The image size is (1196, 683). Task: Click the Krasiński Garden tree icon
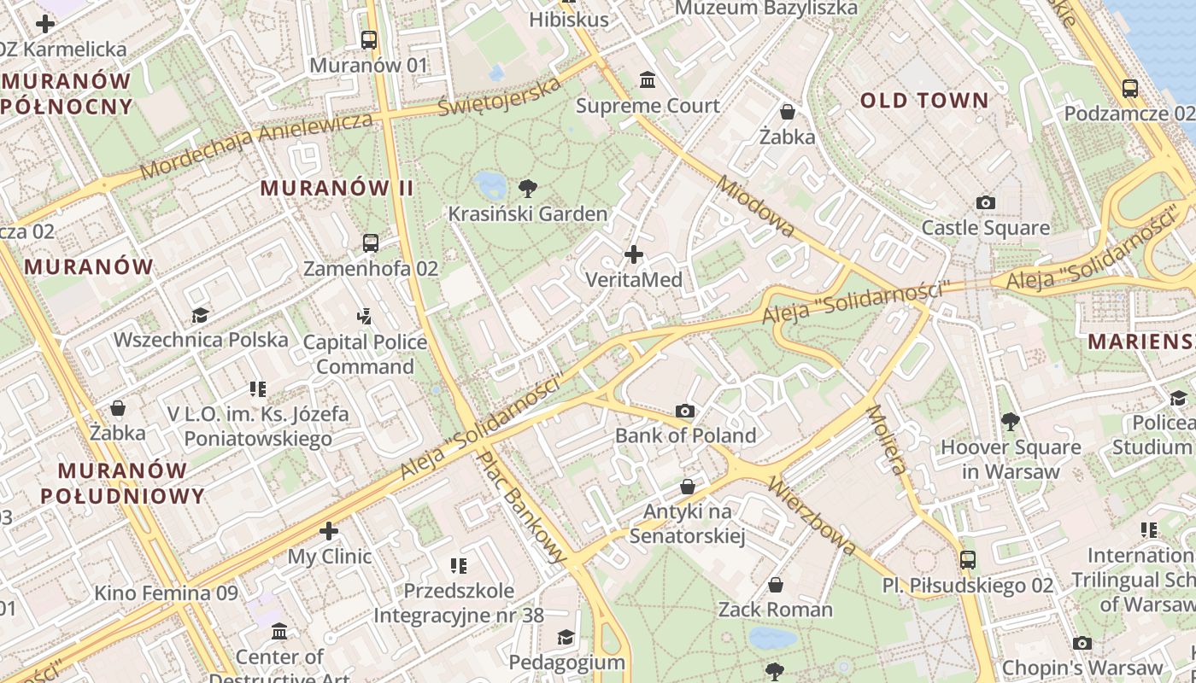tap(528, 189)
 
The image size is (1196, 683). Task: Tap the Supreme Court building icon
tap(648, 80)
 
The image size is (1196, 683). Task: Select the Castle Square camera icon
tap(986, 202)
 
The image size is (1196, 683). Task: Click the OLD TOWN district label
tap(923, 101)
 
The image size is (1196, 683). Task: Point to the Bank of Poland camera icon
tap(685, 411)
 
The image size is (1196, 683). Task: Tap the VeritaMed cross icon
tap(634, 254)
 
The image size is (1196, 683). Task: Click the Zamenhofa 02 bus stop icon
tap(371, 243)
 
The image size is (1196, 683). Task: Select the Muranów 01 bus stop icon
tap(369, 40)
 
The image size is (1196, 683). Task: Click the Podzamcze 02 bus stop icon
tap(1129, 88)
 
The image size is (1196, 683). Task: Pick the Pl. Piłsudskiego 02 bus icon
tap(967, 560)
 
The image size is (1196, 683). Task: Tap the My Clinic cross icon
tap(329, 531)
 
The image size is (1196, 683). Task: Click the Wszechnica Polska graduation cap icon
tap(201, 315)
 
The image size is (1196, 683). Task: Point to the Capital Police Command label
tap(365, 354)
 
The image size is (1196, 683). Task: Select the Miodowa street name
tap(756, 207)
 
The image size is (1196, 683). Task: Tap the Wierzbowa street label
tap(812, 515)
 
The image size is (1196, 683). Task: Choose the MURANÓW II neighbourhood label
tap(337, 188)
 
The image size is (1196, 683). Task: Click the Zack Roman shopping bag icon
tap(775, 585)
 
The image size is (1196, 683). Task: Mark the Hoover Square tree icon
tap(1010, 422)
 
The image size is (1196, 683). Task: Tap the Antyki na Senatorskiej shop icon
tap(688, 487)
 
